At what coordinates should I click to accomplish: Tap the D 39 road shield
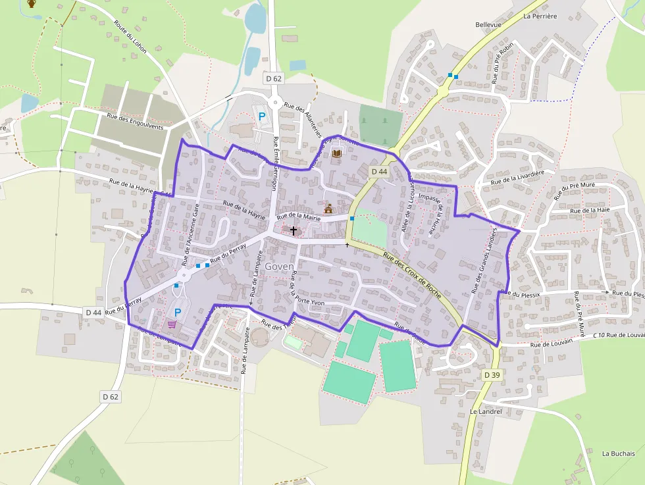[x=492, y=375]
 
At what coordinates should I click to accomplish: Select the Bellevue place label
[x=488, y=25]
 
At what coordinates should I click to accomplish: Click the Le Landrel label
[x=486, y=411]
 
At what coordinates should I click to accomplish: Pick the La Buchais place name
[x=619, y=453]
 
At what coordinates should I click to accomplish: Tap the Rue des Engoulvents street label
[x=134, y=122]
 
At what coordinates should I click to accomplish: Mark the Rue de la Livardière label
[x=518, y=177]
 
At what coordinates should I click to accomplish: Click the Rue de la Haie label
[x=590, y=211]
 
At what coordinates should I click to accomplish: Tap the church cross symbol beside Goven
[x=294, y=231]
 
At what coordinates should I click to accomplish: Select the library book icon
[x=337, y=153]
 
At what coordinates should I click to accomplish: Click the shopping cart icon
[x=172, y=324]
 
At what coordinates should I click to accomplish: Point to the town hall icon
[x=328, y=209]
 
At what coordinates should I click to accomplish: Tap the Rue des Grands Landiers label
[x=484, y=262]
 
